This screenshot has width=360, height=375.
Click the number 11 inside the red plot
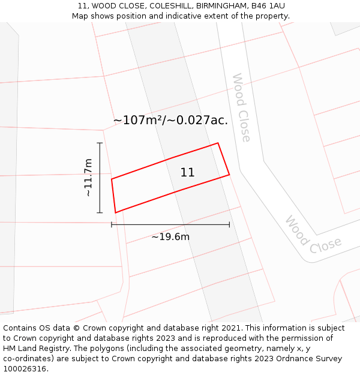(187, 173)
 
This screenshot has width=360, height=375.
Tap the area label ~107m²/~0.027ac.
(170, 120)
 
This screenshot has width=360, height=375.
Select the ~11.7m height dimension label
(88, 178)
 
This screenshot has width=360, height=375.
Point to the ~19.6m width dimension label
(170, 237)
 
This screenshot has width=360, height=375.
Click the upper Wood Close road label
(241, 108)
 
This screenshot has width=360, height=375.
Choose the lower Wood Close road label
(313, 235)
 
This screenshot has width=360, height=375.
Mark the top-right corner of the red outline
(218, 143)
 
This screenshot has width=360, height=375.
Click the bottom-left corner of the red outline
(115, 212)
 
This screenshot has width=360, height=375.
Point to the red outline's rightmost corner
(229, 175)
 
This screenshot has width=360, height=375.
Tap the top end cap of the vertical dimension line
(100, 143)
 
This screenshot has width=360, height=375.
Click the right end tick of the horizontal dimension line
(229, 224)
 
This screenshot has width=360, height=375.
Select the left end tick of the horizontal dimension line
(112, 224)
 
